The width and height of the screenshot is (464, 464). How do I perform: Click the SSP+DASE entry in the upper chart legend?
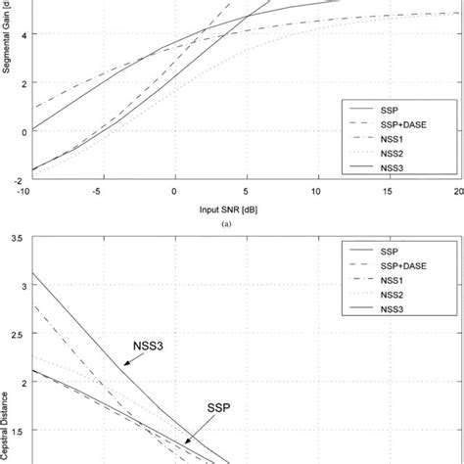pos(406,122)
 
